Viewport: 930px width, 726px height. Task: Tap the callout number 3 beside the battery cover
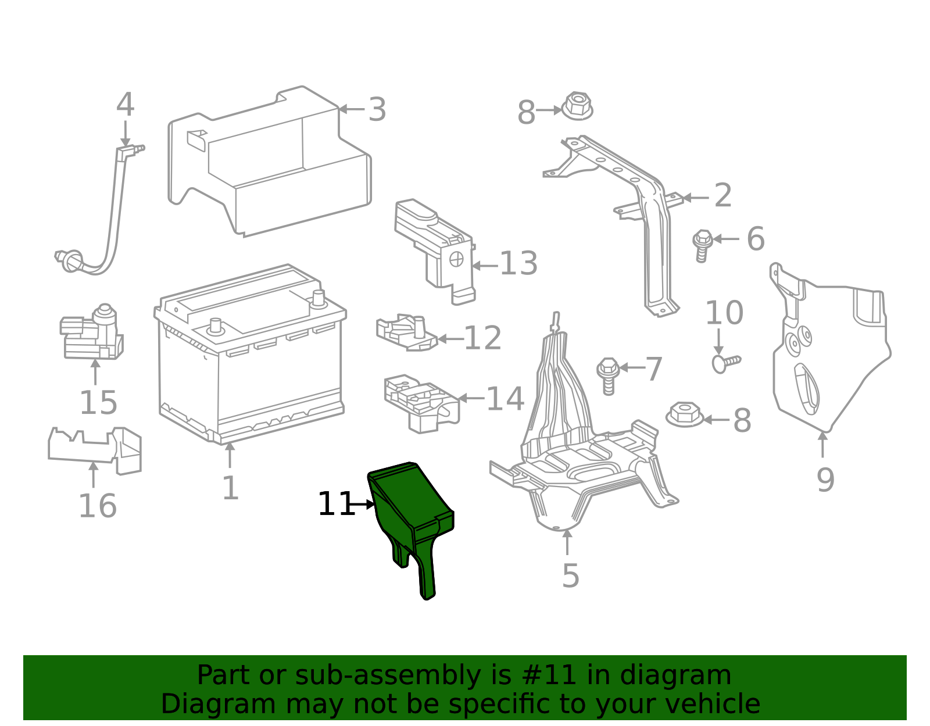tap(377, 110)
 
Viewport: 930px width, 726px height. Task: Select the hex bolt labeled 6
tap(702, 245)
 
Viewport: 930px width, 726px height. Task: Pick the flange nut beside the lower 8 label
tap(684, 414)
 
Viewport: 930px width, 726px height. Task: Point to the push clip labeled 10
tap(724, 362)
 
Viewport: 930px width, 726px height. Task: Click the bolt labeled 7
tap(608, 375)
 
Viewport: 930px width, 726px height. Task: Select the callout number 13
tap(518, 264)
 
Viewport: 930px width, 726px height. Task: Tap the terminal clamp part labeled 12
tap(406, 333)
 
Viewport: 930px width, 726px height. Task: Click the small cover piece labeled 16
tap(95, 448)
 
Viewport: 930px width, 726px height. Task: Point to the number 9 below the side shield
tap(825, 480)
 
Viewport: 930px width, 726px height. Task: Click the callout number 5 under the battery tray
tap(570, 575)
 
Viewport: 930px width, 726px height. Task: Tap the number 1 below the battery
tap(230, 488)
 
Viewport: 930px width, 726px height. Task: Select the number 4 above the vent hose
tap(125, 105)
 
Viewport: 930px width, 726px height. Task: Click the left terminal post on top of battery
tap(216, 326)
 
